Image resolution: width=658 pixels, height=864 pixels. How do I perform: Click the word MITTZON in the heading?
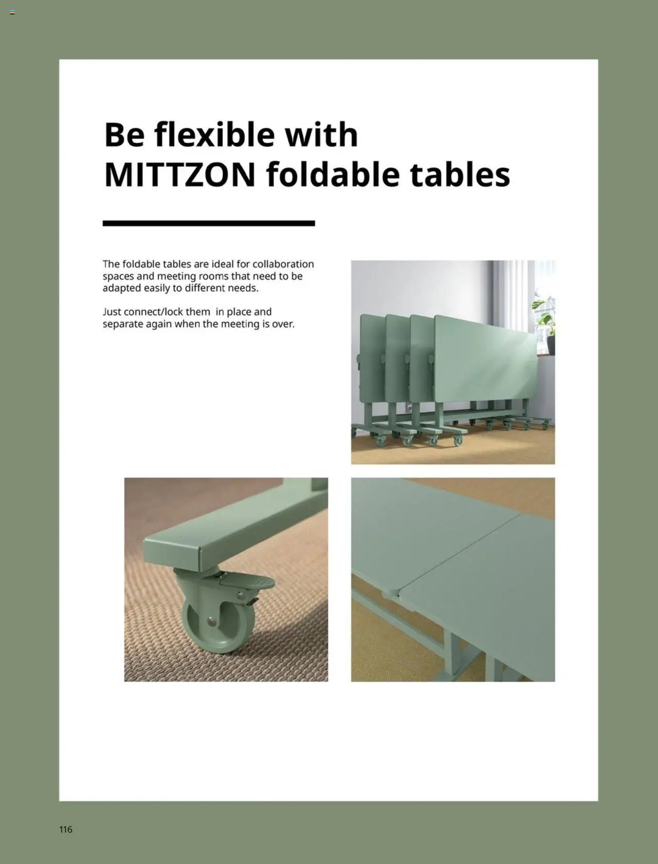click(179, 175)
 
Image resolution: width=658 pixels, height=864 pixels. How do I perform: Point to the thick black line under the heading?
click(209, 223)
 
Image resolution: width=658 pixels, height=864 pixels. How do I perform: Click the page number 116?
click(66, 829)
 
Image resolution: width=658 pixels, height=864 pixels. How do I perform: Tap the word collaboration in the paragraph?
click(283, 264)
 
